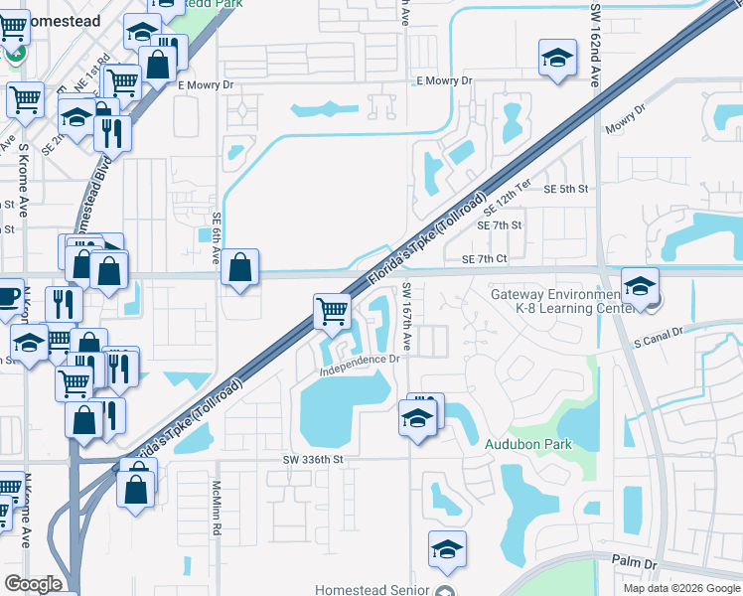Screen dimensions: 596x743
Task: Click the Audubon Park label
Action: [527, 444]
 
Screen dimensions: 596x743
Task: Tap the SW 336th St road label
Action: [312, 460]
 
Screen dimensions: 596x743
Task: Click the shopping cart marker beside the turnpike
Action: [332, 310]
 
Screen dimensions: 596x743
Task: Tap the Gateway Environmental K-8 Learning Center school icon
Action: [640, 284]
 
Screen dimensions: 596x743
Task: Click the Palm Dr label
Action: [636, 564]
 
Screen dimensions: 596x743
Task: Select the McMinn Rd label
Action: [216, 509]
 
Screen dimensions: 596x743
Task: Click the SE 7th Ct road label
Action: [485, 259]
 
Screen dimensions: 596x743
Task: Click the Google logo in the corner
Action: [33, 584]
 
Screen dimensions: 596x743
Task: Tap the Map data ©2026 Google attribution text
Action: [680, 588]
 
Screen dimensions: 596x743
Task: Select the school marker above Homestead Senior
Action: [447, 548]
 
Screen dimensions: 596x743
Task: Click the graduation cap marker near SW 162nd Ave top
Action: [557, 58]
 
